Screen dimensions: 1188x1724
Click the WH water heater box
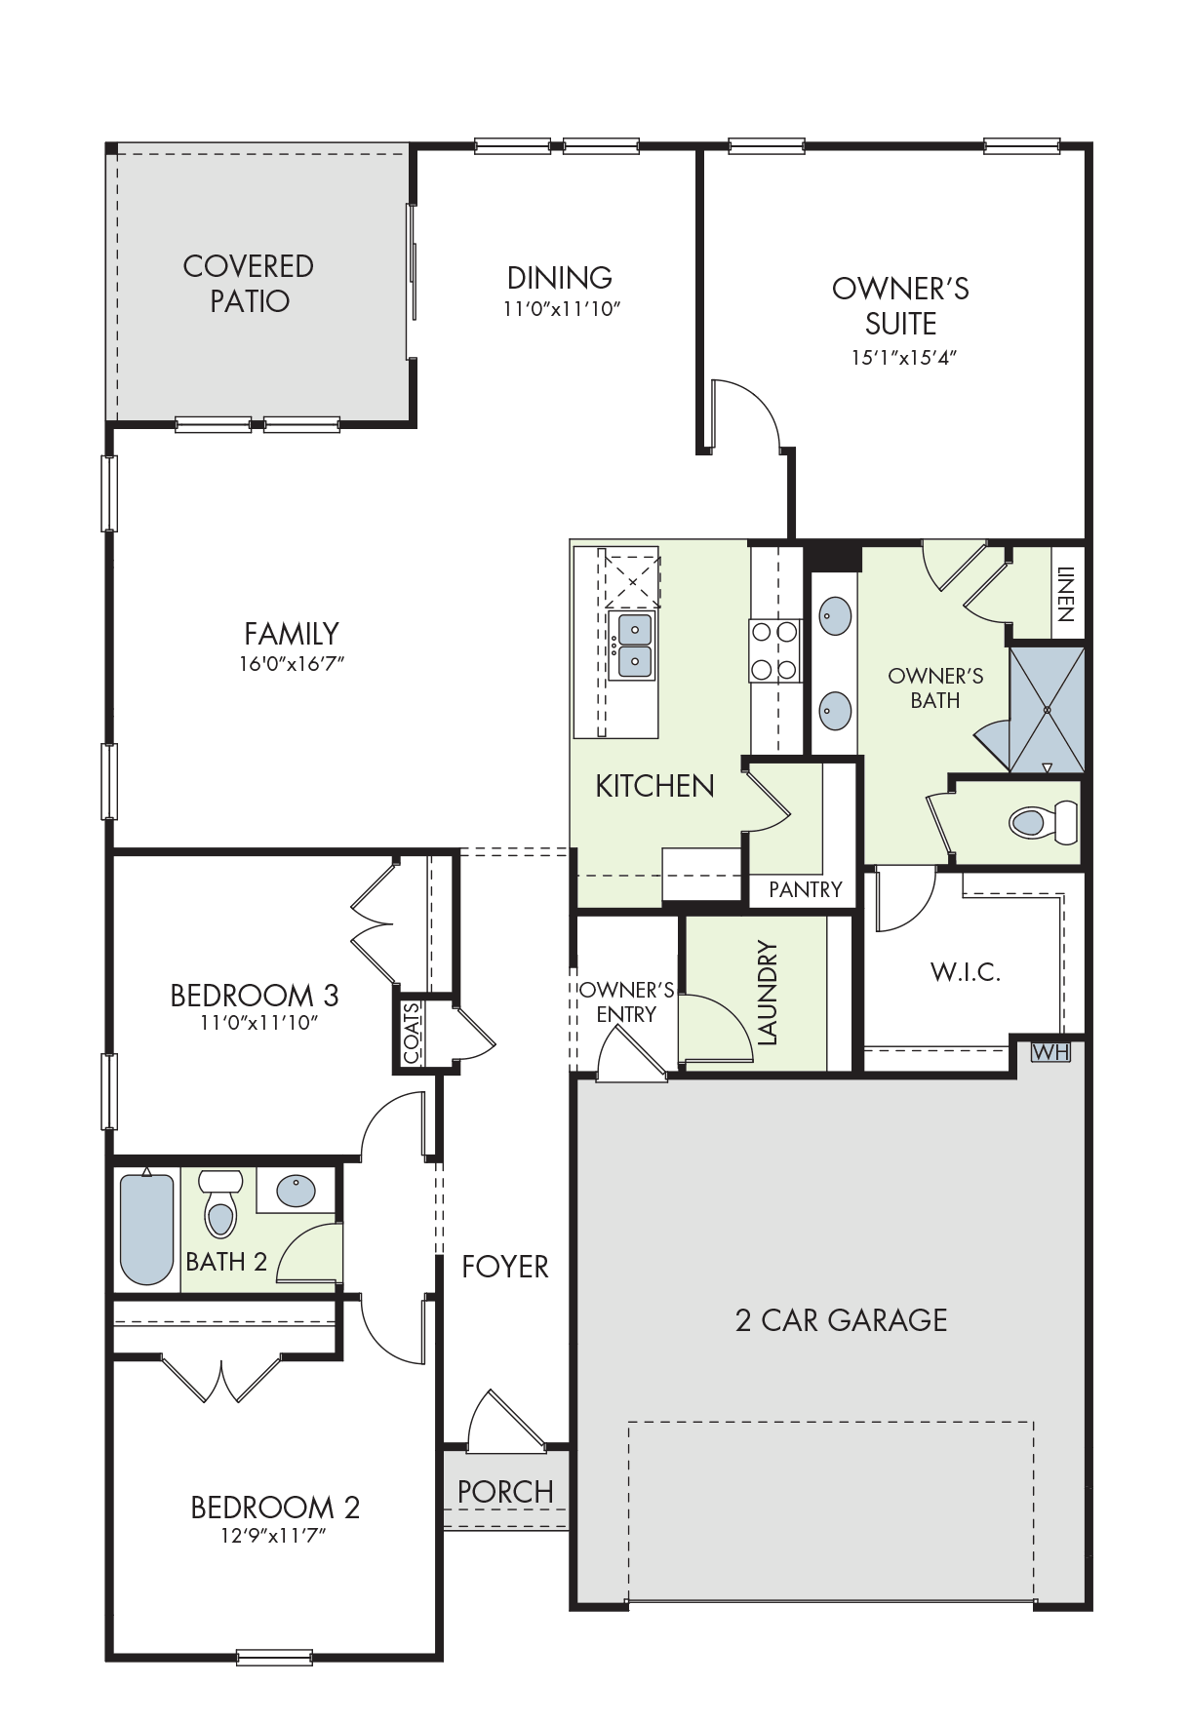point(1050,1052)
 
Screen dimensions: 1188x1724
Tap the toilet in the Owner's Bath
point(1043,821)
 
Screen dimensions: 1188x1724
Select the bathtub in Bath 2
point(146,1229)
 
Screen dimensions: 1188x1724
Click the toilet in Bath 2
point(220,1203)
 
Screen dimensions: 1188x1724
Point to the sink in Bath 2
point(296,1191)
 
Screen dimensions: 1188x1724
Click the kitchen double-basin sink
point(633,646)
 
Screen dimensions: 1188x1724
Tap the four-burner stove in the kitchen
point(774,650)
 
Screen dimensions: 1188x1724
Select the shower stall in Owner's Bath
point(1047,710)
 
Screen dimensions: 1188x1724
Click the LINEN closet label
point(1065,595)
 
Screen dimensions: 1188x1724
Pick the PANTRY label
point(805,889)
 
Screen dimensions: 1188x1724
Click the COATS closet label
point(412,1033)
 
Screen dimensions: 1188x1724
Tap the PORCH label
point(505,1492)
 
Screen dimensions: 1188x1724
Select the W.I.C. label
point(966,971)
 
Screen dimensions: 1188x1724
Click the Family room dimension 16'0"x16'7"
point(292,664)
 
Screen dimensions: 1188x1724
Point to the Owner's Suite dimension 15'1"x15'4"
point(903,357)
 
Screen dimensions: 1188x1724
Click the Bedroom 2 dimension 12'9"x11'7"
point(273,1536)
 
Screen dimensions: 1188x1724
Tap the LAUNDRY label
point(768,993)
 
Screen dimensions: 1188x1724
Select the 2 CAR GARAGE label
point(841,1320)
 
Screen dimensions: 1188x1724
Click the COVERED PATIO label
point(249,283)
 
